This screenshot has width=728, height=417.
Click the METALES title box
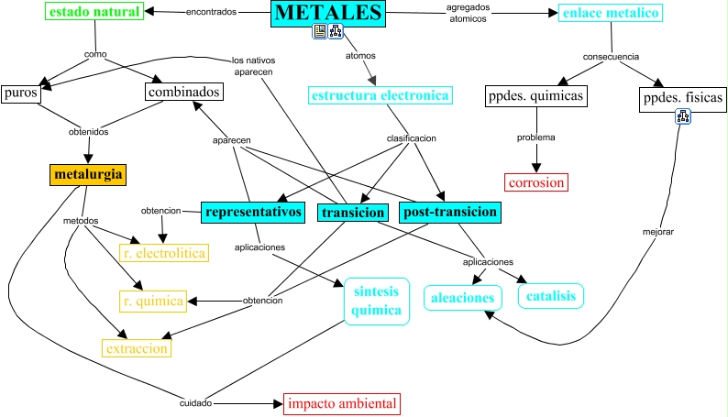click(328, 13)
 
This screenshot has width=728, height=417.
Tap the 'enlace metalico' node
click(610, 13)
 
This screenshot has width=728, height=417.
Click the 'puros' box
click(19, 93)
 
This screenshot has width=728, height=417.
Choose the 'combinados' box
click(183, 93)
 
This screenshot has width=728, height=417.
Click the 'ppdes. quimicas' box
click(535, 96)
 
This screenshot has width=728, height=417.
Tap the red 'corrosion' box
click(536, 181)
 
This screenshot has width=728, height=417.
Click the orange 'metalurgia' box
click(87, 173)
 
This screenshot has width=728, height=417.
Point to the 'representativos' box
click(253, 213)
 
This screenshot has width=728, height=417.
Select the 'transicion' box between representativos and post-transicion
click(351, 213)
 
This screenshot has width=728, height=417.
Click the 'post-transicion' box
click(450, 213)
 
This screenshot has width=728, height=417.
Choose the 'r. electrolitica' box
click(163, 252)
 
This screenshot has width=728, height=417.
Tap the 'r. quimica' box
click(153, 300)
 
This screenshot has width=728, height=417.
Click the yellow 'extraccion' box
click(137, 348)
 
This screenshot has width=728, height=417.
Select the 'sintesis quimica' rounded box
click(376, 301)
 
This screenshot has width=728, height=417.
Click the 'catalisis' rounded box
click(551, 296)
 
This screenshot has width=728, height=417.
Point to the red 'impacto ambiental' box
click(342, 403)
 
